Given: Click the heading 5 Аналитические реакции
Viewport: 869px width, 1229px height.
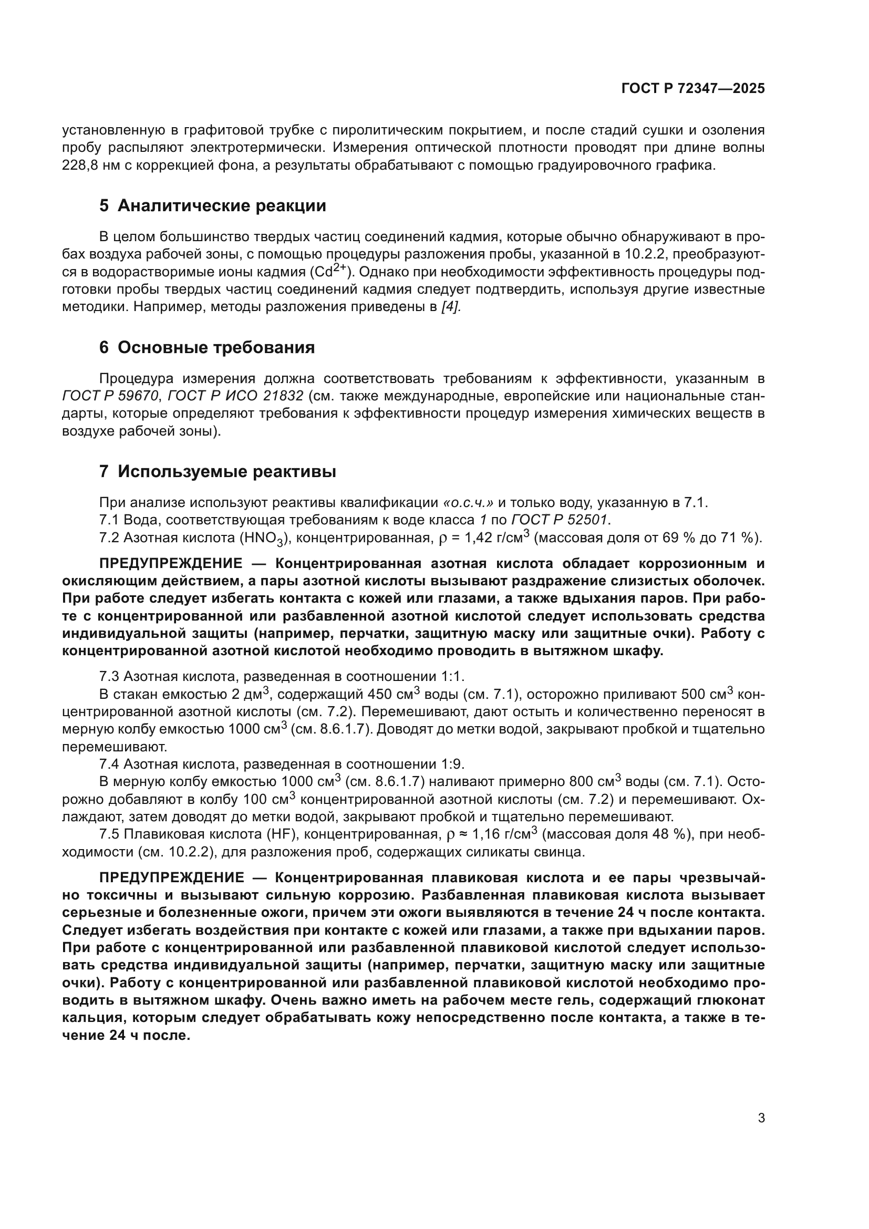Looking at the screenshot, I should point(212,205).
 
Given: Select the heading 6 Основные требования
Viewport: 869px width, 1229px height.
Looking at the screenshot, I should point(206,347).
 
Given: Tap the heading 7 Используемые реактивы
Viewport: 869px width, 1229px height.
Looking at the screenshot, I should point(218,471).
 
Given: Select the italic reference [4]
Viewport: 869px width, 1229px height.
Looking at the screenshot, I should point(451,307).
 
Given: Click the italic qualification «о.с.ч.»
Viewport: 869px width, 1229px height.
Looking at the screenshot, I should point(468,503).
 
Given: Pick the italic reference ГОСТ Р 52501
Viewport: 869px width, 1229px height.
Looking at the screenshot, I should point(560,520).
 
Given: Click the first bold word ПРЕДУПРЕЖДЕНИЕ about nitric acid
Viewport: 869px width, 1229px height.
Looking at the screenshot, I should point(171,564).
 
